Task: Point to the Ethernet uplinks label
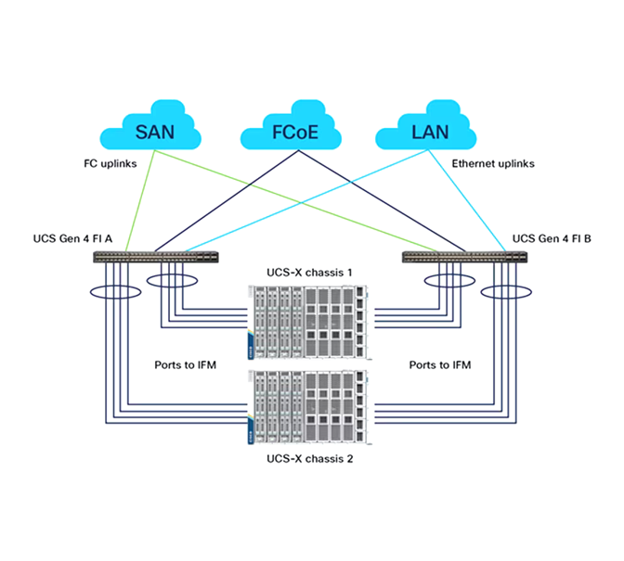pos(492,163)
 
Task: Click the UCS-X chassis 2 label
pos(308,458)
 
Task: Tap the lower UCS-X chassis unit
pos(307,407)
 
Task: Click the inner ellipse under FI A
pos(174,279)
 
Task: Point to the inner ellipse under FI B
pos(448,279)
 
